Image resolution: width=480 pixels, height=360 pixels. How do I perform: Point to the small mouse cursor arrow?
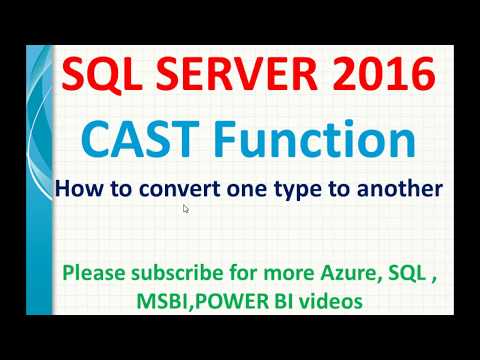point(186,208)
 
